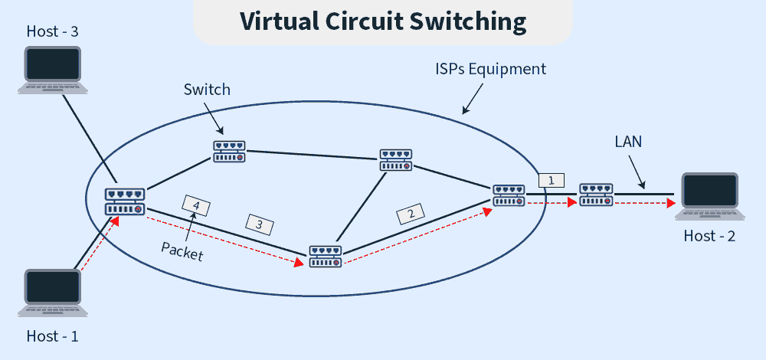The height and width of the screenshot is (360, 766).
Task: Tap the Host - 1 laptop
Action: pos(53,293)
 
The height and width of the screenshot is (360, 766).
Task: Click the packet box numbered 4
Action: pos(196,205)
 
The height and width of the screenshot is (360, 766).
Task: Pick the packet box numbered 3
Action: pos(259,224)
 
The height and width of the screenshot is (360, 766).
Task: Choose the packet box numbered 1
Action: pos(552,181)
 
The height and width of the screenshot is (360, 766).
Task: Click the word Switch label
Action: pos(207,90)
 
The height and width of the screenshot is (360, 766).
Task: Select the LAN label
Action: pos(628,142)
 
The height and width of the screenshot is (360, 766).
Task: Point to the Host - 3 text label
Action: pos(53,31)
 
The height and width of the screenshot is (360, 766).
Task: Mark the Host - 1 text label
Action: pos(53,335)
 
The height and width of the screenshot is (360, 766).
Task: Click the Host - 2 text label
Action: pos(709,236)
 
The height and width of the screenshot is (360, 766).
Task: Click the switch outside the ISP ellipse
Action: pos(596,195)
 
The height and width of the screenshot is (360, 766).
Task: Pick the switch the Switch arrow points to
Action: pos(229,151)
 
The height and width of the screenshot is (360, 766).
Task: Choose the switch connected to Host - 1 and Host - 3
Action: pos(125,201)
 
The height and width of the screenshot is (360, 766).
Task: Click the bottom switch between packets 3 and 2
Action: pos(326,256)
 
